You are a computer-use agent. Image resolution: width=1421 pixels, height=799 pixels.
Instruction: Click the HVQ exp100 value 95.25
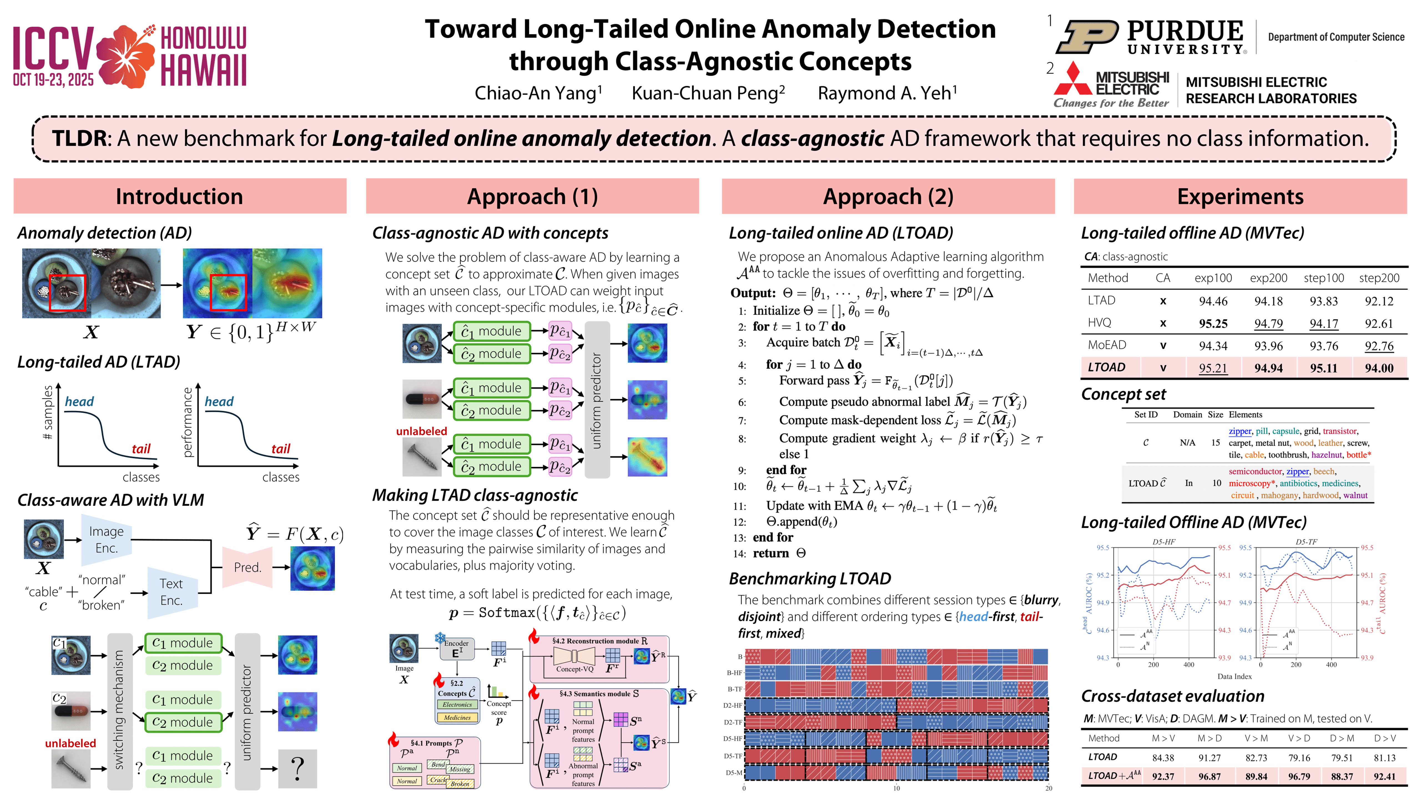pos(1213,323)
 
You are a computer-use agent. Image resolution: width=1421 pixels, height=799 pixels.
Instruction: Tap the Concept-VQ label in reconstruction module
pos(574,669)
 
